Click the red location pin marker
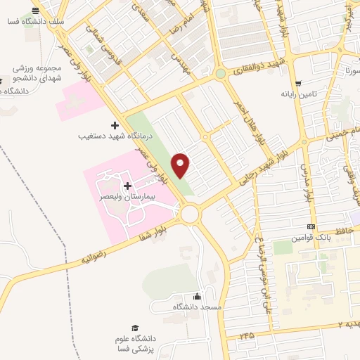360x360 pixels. point(181,165)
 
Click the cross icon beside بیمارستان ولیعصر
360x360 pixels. point(127,186)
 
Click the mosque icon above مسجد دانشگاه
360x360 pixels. point(197,296)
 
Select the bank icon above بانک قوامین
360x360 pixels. point(311,226)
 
